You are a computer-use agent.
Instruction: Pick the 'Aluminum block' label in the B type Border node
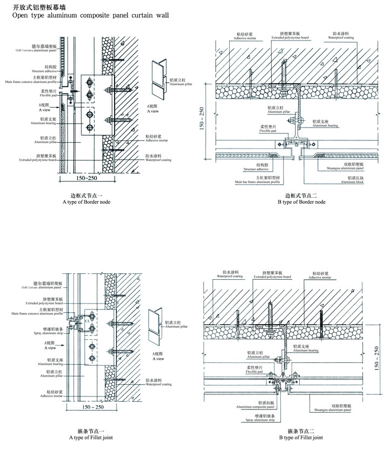click(358, 183)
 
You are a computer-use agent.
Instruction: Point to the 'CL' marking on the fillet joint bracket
click(87, 320)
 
